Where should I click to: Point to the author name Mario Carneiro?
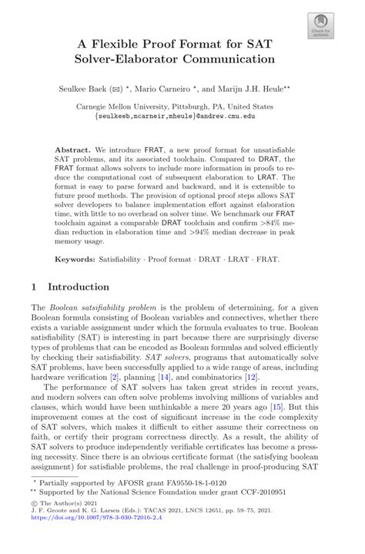click(176, 89)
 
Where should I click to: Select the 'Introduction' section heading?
click(78, 287)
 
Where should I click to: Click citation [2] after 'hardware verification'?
click(114, 378)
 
